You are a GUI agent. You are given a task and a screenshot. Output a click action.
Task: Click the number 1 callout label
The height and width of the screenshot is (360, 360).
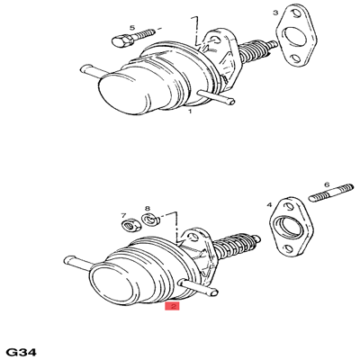[190, 113]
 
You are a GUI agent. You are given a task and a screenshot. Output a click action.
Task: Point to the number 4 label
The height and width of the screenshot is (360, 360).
[269, 205]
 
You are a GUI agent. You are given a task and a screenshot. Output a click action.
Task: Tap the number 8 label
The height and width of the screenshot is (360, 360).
[147, 208]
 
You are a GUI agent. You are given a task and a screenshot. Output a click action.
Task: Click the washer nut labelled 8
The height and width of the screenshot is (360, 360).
[151, 220]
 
